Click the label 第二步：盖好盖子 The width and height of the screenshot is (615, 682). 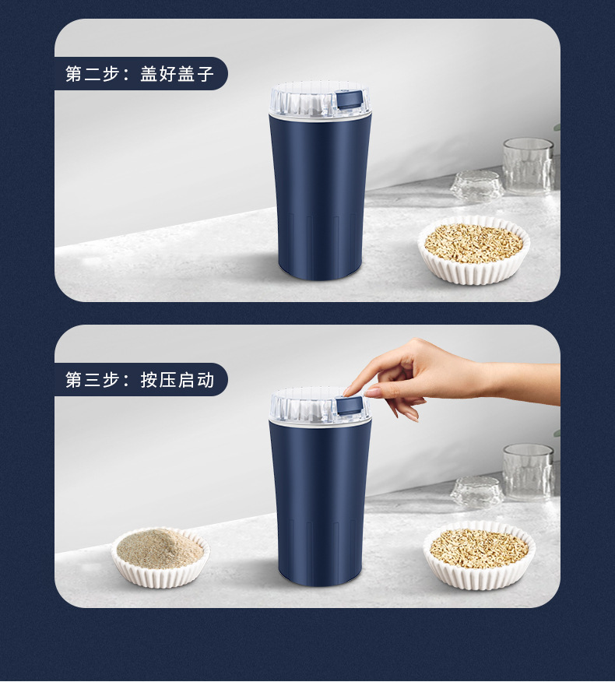[140, 74]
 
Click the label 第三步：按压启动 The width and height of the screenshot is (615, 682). [140, 380]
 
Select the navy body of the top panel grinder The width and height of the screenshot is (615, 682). [320, 195]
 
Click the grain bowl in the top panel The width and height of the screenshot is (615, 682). [473, 249]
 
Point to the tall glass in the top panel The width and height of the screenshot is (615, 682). [528, 164]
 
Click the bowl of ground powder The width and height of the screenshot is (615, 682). [160, 555]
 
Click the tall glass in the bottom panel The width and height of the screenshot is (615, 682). [528, 470]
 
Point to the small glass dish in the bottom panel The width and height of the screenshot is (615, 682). [476, 493]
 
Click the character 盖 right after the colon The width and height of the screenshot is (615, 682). [149, 74]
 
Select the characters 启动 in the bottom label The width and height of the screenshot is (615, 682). [195, 380]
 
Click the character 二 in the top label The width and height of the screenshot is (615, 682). [93, 74]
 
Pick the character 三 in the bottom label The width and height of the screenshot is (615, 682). [93, 380]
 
